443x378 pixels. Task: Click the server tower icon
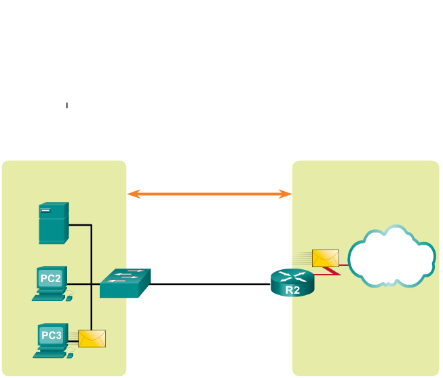click(x=54, y=222)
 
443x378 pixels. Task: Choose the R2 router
click(x=292, y=283)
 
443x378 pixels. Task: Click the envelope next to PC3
click(x=92, y=338)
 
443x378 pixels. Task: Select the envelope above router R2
click(x=325, y=258)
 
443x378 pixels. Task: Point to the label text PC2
click(x=51, y=278)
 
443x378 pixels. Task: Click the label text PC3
click(x=51, y=335)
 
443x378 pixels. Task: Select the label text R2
click(x=292, y=290)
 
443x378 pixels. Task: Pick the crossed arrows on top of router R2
click(x=292, y=276)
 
